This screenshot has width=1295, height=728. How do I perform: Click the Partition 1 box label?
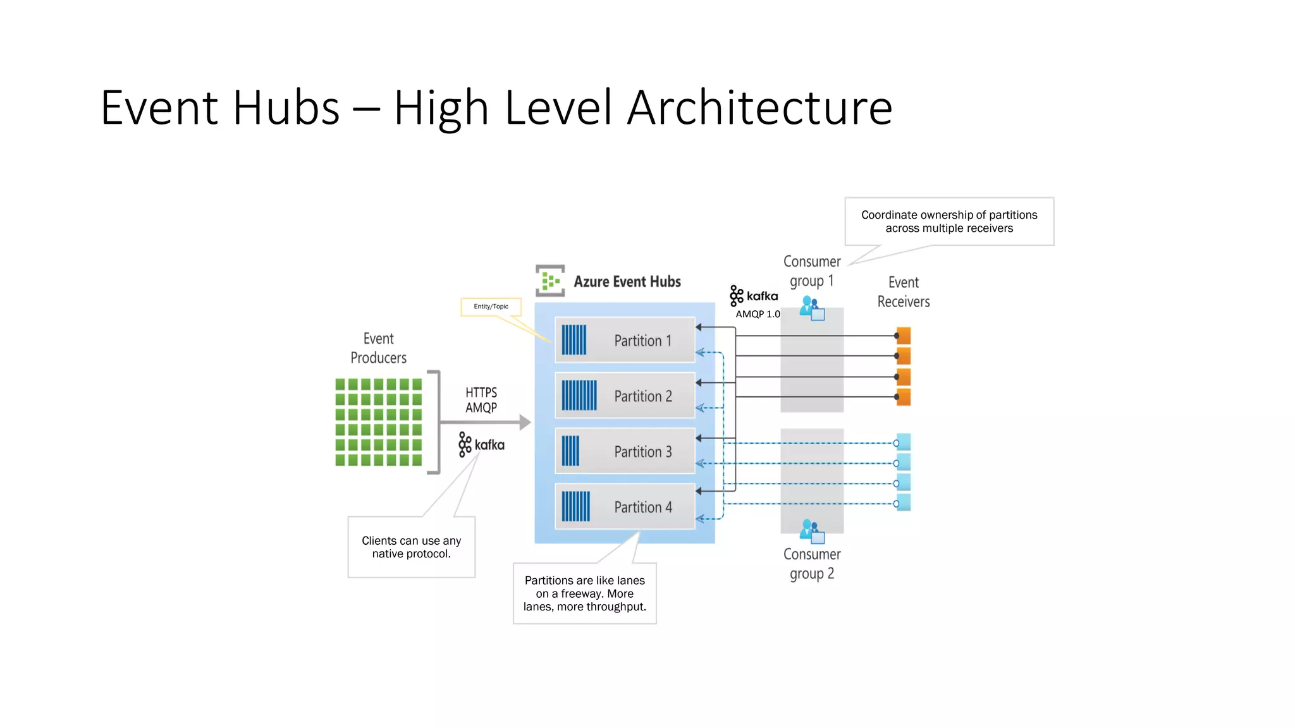pyautogui.click(x=642, y=341)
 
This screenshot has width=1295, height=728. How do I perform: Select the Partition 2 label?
pyautogui.click(x=642, y=396)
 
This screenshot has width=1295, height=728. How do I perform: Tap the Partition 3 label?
pyautogui.click(x=642, y=452)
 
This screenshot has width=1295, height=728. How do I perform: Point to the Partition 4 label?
pyautogui.click(x=642, y=507)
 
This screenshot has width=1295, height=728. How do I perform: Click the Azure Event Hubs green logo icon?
pyautogui.click(x=550, y=281)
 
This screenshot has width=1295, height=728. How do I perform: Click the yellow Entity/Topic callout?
pyautogui.click(x=491, y=306)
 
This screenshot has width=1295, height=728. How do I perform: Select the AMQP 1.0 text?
pyautogui.click(x=758, y=314)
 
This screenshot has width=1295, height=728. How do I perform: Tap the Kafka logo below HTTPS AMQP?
pyautogui.click(x=482, y=445)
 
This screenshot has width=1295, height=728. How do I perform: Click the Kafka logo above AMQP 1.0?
pyautogui.click(x=754, y=296)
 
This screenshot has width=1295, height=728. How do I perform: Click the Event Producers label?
pyautogui.click(x=378, y=348)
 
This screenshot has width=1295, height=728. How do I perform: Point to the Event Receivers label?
pyautogui.click(x=903, y=292)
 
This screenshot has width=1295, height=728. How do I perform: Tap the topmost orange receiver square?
pyautogui.click(x=904, y=336)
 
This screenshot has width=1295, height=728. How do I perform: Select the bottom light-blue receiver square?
pyautogui.click(x=904, y=503)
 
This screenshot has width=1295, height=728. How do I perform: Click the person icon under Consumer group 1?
pyautogui.click(x=811, y=308)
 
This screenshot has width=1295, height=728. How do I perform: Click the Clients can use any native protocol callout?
pyautogui.click(x=411, y=547)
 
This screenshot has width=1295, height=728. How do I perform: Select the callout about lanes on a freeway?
pyautogui.click(x=584, y=593)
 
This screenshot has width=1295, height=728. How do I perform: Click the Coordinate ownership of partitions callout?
pyautogui.click(x=948, y=221)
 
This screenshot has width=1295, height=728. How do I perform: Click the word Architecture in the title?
pyautogui.click(x=759, y=107)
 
